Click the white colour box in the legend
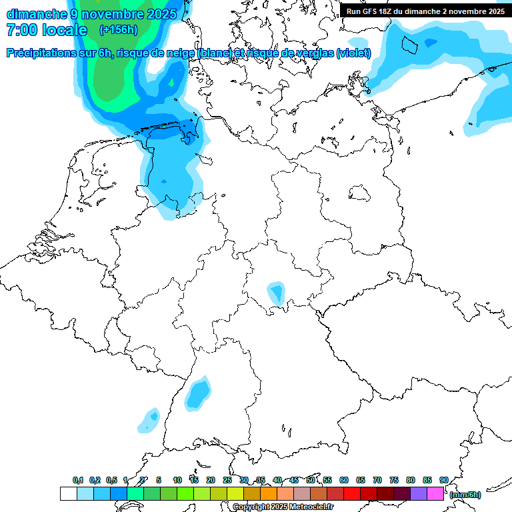69,493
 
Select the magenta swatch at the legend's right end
435,493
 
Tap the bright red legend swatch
352,493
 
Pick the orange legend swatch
269,493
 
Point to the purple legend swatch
419,493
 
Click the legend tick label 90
443,480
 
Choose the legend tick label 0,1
77,480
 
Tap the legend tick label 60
344,480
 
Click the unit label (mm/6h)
465,494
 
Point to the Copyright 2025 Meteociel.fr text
283,507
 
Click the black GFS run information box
425,11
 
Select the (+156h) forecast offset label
118,29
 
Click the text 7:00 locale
47,30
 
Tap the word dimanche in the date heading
37,13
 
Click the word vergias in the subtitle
313,53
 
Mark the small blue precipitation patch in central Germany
275,293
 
